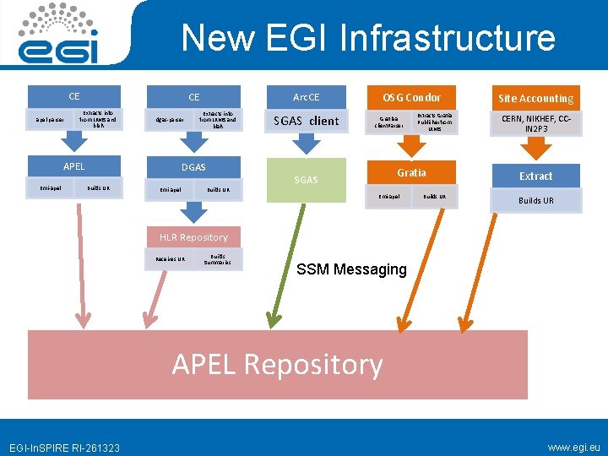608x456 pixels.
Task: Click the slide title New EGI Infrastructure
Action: [368, 38]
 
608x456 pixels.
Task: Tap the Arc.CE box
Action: [306, 96]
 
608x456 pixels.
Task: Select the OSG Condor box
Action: [411, 97]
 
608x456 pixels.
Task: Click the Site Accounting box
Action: [535, 99]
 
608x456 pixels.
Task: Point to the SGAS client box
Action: [306, 121]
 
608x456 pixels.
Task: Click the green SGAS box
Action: [306, 179]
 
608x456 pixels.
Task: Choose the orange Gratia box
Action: [411, 172]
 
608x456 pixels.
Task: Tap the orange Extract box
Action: [535, 176]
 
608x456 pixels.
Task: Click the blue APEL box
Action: [74, 166]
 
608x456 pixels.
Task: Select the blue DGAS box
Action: [193, 167]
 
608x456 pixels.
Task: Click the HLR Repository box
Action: [193, 237]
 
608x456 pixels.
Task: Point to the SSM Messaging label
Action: [351, 270]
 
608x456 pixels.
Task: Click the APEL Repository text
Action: [277, 364]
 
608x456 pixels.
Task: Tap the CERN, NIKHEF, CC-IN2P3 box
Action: [535, 123]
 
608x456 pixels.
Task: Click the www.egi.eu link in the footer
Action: [573, 447]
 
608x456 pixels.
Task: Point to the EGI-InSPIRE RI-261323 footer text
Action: [65, 448]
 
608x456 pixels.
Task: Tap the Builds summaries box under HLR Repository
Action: [218, 258]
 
